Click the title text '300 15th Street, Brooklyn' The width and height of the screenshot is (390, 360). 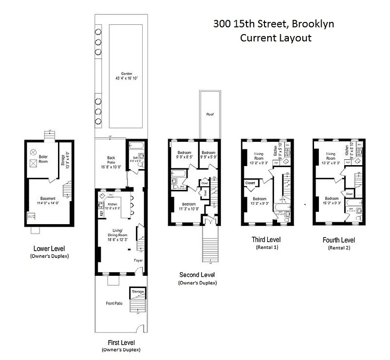[273, 24]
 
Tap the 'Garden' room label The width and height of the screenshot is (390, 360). [122, 75]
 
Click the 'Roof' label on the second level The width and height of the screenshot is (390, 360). [210, 114]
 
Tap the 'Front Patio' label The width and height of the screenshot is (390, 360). [114, 303]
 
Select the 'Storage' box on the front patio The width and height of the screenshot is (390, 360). [138, 292]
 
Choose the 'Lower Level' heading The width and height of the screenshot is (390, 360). [47, 248]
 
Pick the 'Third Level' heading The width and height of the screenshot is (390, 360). [266, 239]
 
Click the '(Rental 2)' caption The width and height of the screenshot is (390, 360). [338, 247]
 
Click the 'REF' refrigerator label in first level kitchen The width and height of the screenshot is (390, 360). [102, 213]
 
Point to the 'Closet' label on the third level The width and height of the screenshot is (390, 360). [250, 183]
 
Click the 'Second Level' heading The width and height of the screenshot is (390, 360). [197, 274]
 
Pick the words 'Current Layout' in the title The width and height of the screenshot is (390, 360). [275, 38]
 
